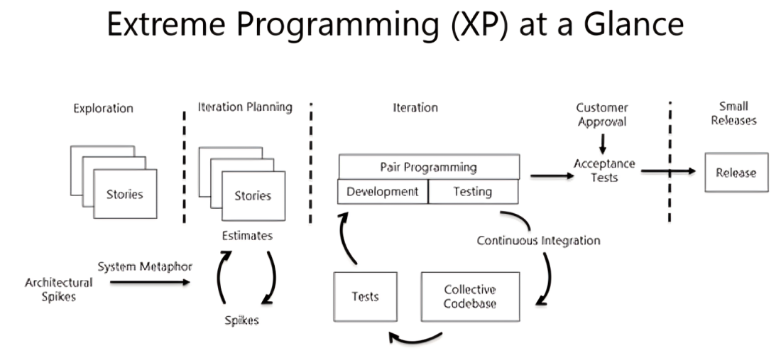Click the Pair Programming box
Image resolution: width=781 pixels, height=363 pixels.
428,168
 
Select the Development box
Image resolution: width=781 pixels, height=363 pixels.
383,192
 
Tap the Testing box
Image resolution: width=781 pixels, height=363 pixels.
473,192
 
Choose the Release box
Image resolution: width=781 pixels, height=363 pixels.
736,173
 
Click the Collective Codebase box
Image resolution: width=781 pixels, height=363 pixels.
469,297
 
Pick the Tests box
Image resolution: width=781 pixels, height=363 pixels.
365,297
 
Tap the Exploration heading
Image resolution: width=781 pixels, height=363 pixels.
103,109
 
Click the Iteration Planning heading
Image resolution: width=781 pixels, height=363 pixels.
245,107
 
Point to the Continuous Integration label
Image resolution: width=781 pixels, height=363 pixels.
538,240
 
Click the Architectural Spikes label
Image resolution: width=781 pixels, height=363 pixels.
58,289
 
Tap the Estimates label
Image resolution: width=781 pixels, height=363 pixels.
248,236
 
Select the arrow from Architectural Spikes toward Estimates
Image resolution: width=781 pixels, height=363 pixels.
150,282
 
